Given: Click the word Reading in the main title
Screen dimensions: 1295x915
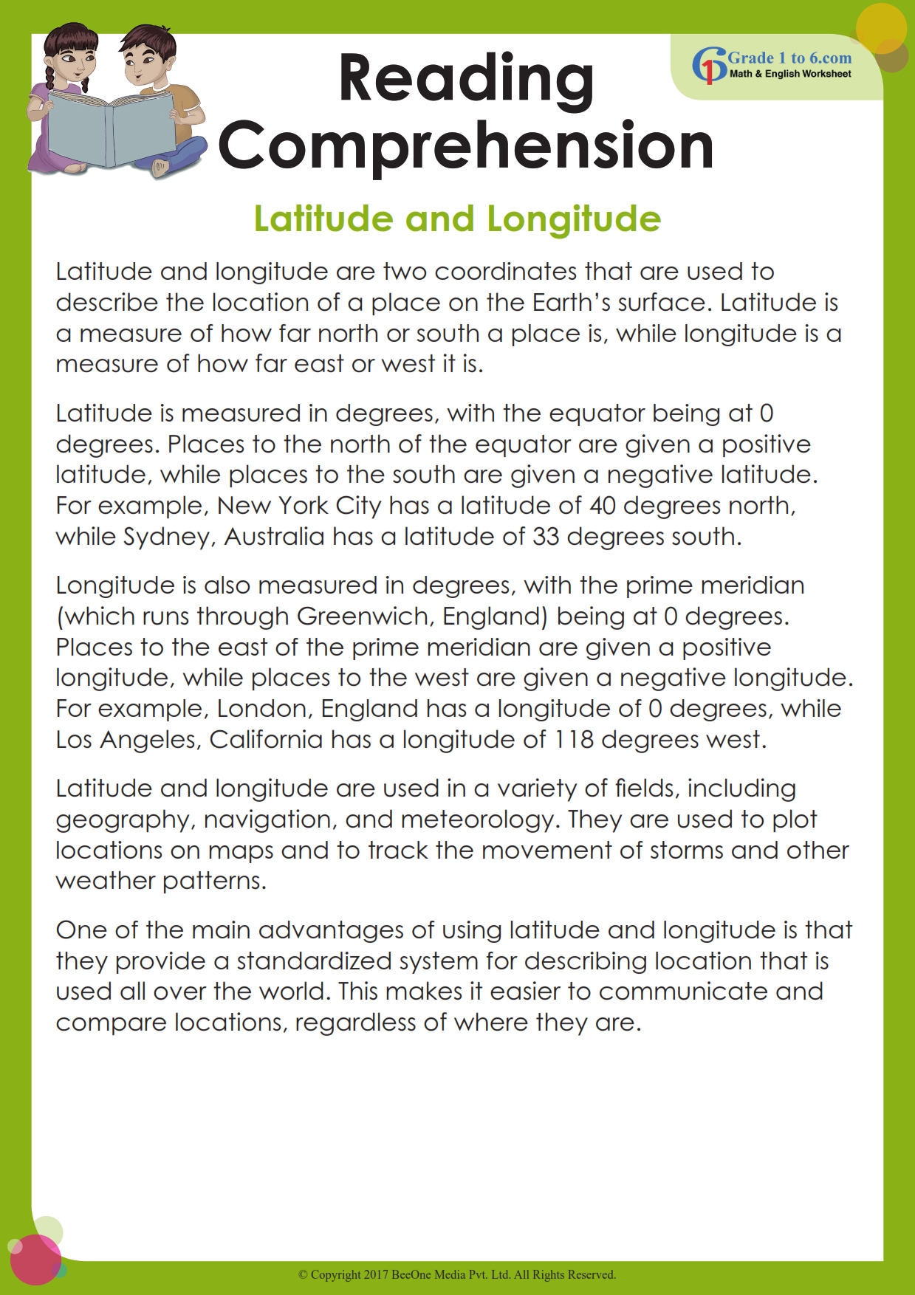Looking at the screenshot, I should point(466,79).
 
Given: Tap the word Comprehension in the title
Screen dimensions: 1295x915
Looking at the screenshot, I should point(466,145).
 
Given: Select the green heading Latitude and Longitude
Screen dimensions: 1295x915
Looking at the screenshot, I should point(457,219).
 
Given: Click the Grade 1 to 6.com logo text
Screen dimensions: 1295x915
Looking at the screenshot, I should point(789,58).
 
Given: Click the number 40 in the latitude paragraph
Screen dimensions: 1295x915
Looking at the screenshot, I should point(603,506).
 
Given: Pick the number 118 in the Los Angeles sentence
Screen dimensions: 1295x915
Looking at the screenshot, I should point(574,740).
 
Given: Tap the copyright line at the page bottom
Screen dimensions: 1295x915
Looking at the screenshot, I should point(457,1274).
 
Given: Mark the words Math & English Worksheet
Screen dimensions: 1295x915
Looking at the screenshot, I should point(790,74).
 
